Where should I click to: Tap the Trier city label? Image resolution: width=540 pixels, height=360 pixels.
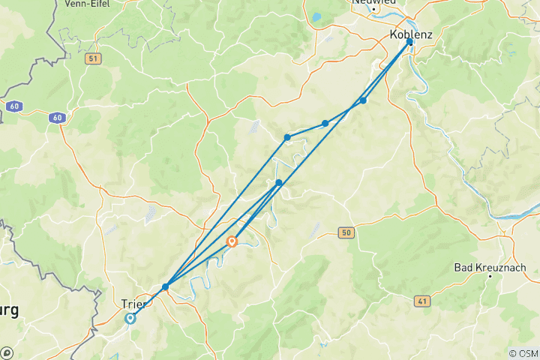(x=133, y=304)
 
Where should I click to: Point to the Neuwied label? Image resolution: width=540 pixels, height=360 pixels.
(x=373, y=2)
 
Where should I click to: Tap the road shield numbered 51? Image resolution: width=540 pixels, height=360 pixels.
(x=92, y=58)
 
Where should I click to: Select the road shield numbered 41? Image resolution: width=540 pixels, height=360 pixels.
(x=423, y=300)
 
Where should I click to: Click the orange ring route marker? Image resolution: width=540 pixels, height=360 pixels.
(x=232, y=241)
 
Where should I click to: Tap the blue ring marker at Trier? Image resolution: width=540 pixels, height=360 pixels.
(x=130, y=318)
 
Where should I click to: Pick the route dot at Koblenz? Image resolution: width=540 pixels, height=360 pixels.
(x=409, y=42)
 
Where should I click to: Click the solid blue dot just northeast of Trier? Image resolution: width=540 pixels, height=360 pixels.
(x=165, y=286)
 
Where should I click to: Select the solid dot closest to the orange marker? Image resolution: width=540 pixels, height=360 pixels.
(x=279, y=183)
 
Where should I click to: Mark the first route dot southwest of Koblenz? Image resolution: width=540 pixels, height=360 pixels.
(x=363, y=100)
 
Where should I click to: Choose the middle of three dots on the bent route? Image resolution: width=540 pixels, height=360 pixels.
(x=325, y=123)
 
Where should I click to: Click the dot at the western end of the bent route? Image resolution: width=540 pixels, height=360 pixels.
(x=287, y=137)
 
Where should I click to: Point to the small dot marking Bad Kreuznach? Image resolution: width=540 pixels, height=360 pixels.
(x=490, y=276)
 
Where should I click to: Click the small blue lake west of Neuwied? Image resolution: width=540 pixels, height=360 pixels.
(x=317, y=16)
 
